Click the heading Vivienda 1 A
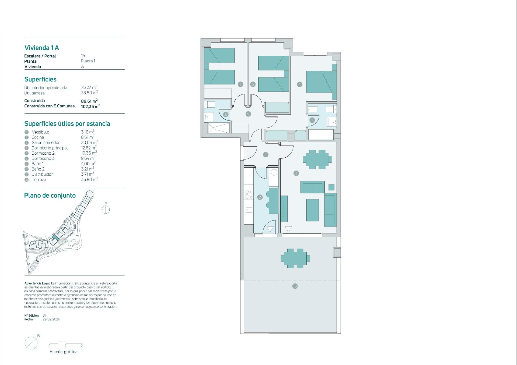coord(42,48)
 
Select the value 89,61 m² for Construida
coord(89,101)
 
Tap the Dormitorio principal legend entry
coord(50,148)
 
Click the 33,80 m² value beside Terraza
coord(89,179)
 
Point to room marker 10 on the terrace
coord(295,286)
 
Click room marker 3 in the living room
coord(296,173)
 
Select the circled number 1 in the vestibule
coord(266,155)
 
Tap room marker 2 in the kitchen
coord(260,197)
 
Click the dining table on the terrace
coord(295,258)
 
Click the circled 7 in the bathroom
coord(312,120)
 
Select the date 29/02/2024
coord(51,320)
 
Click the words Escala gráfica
coord(64,352)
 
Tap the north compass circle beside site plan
coord(106,210)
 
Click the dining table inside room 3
coord(317,159)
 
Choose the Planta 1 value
coord(88,61)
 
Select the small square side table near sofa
coord(331,187)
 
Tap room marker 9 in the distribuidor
coord(248,114)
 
